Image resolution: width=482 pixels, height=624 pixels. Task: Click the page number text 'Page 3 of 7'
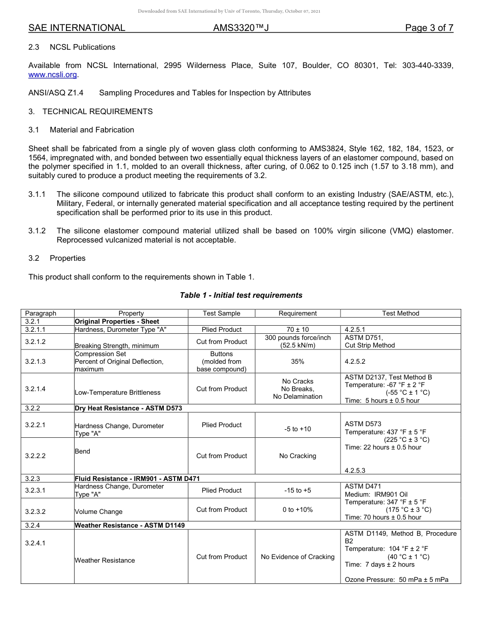click(429, 28)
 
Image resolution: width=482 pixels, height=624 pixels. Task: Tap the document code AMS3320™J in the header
click(240, 28)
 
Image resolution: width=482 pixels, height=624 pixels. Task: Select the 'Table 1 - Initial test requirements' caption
click(241, 295)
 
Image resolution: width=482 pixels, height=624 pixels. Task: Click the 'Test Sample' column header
click(221, 314)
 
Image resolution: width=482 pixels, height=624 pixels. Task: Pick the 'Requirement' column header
click(297, 314)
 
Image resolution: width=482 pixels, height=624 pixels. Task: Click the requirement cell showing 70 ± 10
click(297, 329)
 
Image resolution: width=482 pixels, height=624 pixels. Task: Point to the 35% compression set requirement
click(297, 361)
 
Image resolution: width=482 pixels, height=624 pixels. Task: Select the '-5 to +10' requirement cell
click(297, 429)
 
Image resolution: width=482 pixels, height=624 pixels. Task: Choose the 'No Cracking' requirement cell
click(297, 456)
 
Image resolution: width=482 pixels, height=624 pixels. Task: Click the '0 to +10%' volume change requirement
click(297, 510)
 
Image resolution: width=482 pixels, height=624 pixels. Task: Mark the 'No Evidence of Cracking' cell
click(297, 557)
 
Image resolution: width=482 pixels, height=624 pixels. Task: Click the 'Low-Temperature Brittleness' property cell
click(117, 392)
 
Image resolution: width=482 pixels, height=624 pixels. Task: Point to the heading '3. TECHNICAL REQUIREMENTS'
click(90, 111)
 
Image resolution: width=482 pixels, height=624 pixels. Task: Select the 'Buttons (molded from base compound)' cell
click(221, 361)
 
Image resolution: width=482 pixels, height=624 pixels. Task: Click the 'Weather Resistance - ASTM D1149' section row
click(130, 525)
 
